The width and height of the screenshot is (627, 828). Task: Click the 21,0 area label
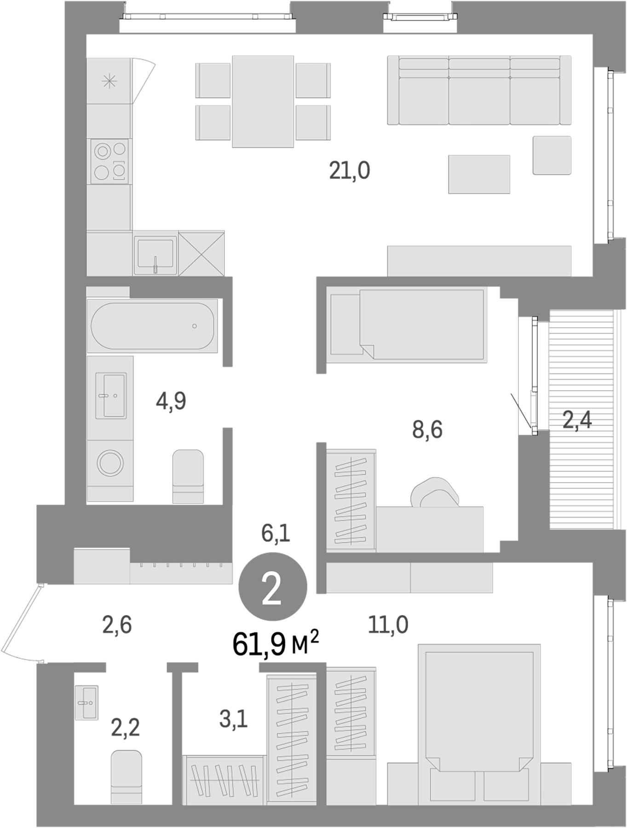[350, 171]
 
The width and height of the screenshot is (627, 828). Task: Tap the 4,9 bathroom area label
[171, 401]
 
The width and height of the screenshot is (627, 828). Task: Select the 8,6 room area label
[427, 430]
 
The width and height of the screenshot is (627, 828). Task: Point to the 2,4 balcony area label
[577, 420]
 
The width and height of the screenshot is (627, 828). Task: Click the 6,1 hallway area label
[276, 534]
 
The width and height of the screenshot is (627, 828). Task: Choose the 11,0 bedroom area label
[388, 625]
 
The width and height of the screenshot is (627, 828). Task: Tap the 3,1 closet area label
[233, 719]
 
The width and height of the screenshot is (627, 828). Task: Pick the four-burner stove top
[110, 161]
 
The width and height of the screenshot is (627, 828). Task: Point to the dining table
[263, 101]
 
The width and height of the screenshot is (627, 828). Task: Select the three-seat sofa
[478, 91]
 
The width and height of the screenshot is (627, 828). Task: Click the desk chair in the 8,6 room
[435, 492]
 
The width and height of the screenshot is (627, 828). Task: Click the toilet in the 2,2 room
[126, 777]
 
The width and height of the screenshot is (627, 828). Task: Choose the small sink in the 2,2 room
[86, 702]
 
